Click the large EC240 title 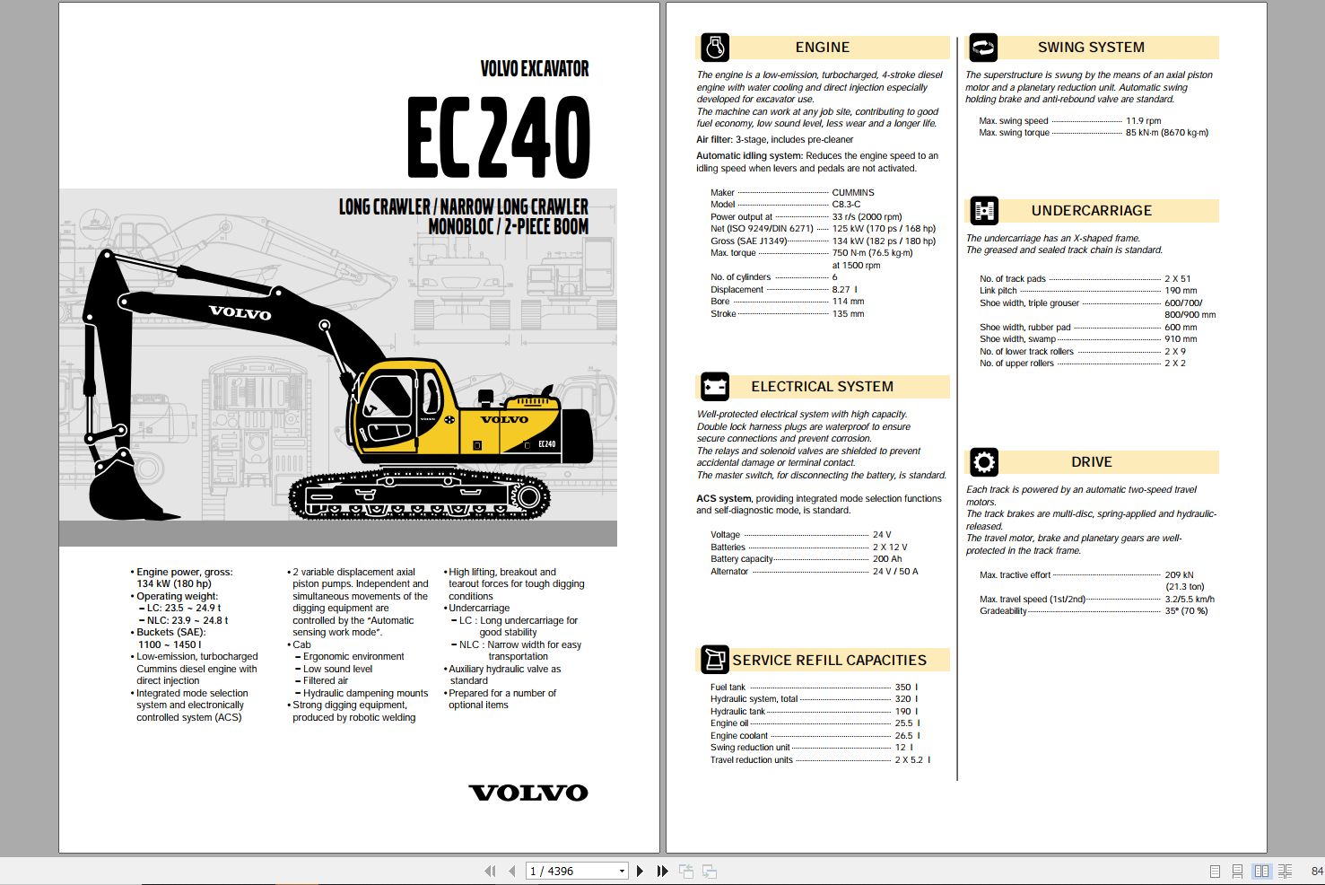point(499,137)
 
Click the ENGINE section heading point(822,48)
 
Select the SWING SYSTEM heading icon point(983,48)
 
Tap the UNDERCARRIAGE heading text point(1091,211)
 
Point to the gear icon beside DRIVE point(984,462)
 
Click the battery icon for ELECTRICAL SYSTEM point(715,387)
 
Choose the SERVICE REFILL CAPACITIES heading point(829,661)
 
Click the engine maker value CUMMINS point(852,192)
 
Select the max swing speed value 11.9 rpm point(1143,120)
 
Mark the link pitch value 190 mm point(1181,291)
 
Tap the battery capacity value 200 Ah point(887,559)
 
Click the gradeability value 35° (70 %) point(1186,611)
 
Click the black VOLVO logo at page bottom point(528,793)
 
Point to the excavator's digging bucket point(126,489)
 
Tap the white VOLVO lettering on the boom point(240,313)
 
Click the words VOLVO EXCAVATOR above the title point(534,69)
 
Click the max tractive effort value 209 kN point(1179,574)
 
